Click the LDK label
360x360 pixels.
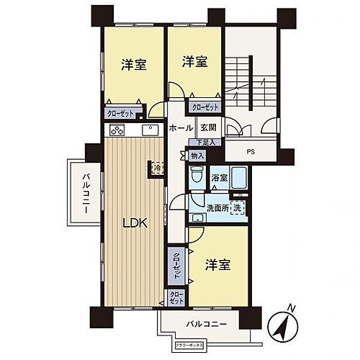tap(135, 223)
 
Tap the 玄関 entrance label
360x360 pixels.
tap(209, 127)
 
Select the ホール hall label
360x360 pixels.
tap(179, 127)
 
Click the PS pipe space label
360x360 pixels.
tap(251, 152)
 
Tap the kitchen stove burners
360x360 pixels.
tap(119, 132)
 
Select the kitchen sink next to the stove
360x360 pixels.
tap(150, 131)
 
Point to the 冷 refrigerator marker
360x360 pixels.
tap(158, 168)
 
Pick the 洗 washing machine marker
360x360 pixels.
tap(237, 208)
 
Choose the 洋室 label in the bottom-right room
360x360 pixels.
tap(217, 264)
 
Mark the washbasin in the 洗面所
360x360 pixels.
tap(197, 216)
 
